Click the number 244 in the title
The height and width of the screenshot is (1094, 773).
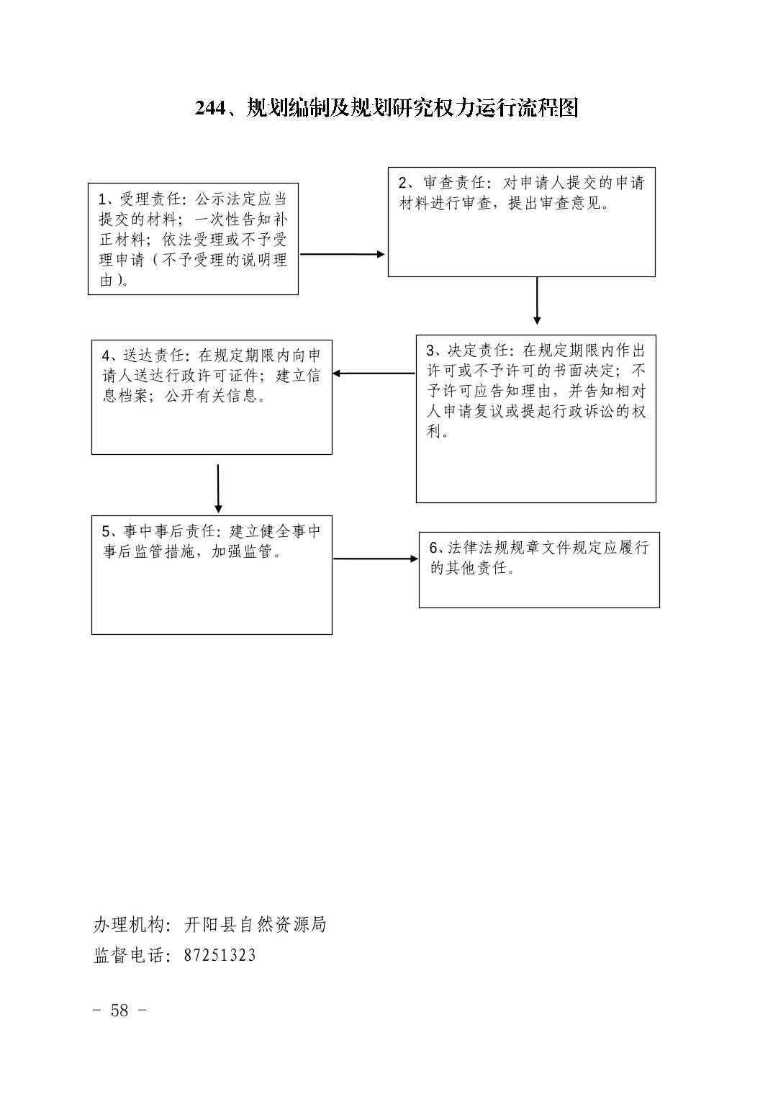tap(210, 108)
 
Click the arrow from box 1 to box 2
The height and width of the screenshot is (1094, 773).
tap(343, 254)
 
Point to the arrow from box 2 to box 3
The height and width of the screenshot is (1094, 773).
tap(537, 301)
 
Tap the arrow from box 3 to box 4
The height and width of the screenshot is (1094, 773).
tap(374, 374)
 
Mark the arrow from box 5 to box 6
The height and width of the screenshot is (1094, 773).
tap(376, 559)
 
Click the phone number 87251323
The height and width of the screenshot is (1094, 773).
tap(220, 955)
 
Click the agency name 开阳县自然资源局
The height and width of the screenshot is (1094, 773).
tap(255, 924)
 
